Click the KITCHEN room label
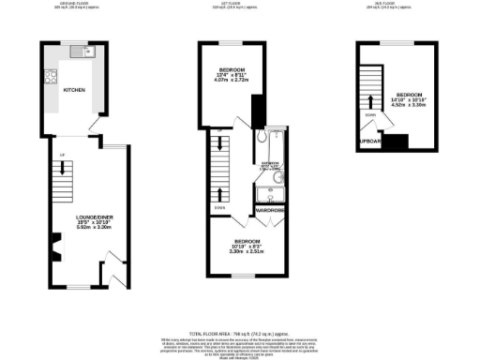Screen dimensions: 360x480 pos(74,91)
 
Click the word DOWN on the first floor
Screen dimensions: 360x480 pos(219,207)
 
